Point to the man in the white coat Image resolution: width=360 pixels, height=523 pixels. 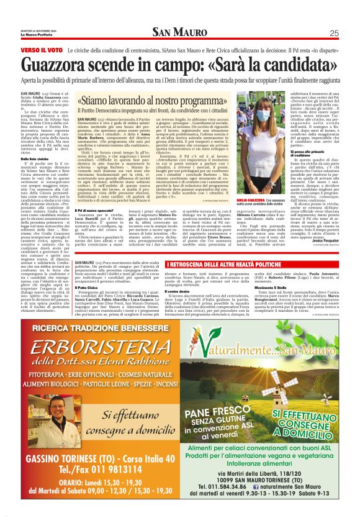click(x=44, y=422)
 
